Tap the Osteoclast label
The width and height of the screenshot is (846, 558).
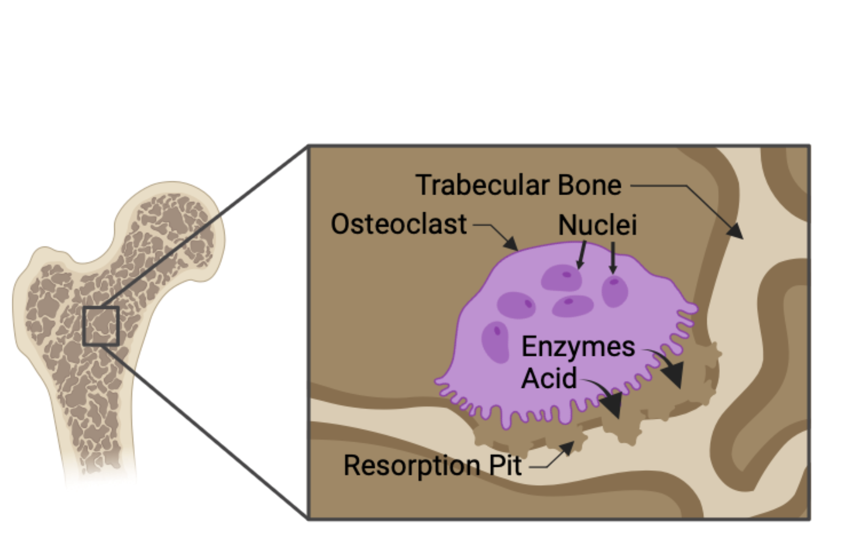click(398, 224)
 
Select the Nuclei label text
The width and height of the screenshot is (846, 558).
click(597, 225)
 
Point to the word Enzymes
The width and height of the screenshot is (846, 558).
click(578, 347)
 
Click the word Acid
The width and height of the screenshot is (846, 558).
click(549, 378)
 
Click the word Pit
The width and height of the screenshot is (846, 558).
click(505, 465)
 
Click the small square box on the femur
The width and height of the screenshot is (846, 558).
click(101, 326)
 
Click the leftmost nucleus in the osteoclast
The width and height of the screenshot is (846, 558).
click(495, 342)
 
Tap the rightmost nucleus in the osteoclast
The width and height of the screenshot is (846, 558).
click(614, 291)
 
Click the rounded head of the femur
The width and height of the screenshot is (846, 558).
click(172, 221)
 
